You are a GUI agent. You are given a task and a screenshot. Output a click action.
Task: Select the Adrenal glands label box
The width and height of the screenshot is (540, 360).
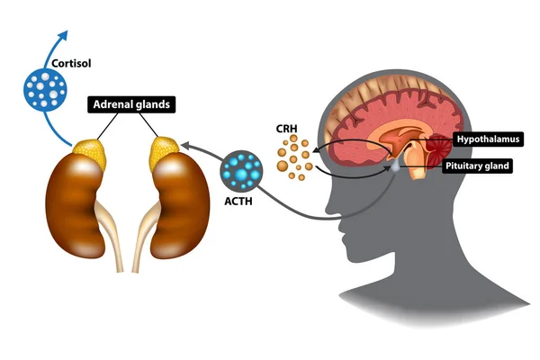point(131,105)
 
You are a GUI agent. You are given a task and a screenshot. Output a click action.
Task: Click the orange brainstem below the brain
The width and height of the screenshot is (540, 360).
point(420,168)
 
